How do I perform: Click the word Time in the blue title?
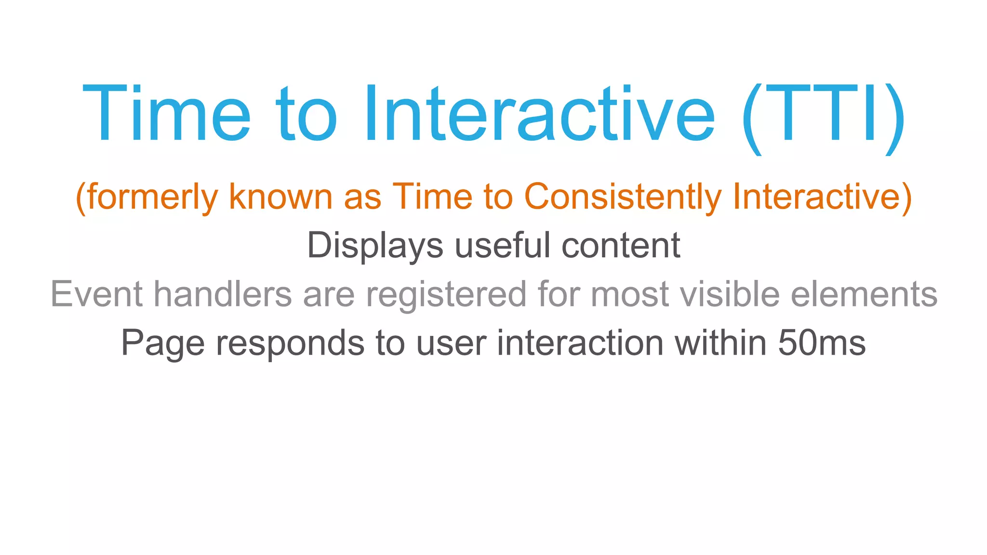[167, 114]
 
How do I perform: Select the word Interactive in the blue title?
[539, 114]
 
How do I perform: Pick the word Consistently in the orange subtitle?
[623, 198]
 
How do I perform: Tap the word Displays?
[375, 246]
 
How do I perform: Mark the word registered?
[446, 295]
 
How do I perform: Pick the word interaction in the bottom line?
[580, 343]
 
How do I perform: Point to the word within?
[720, 343]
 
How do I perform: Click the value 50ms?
[822, 343]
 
